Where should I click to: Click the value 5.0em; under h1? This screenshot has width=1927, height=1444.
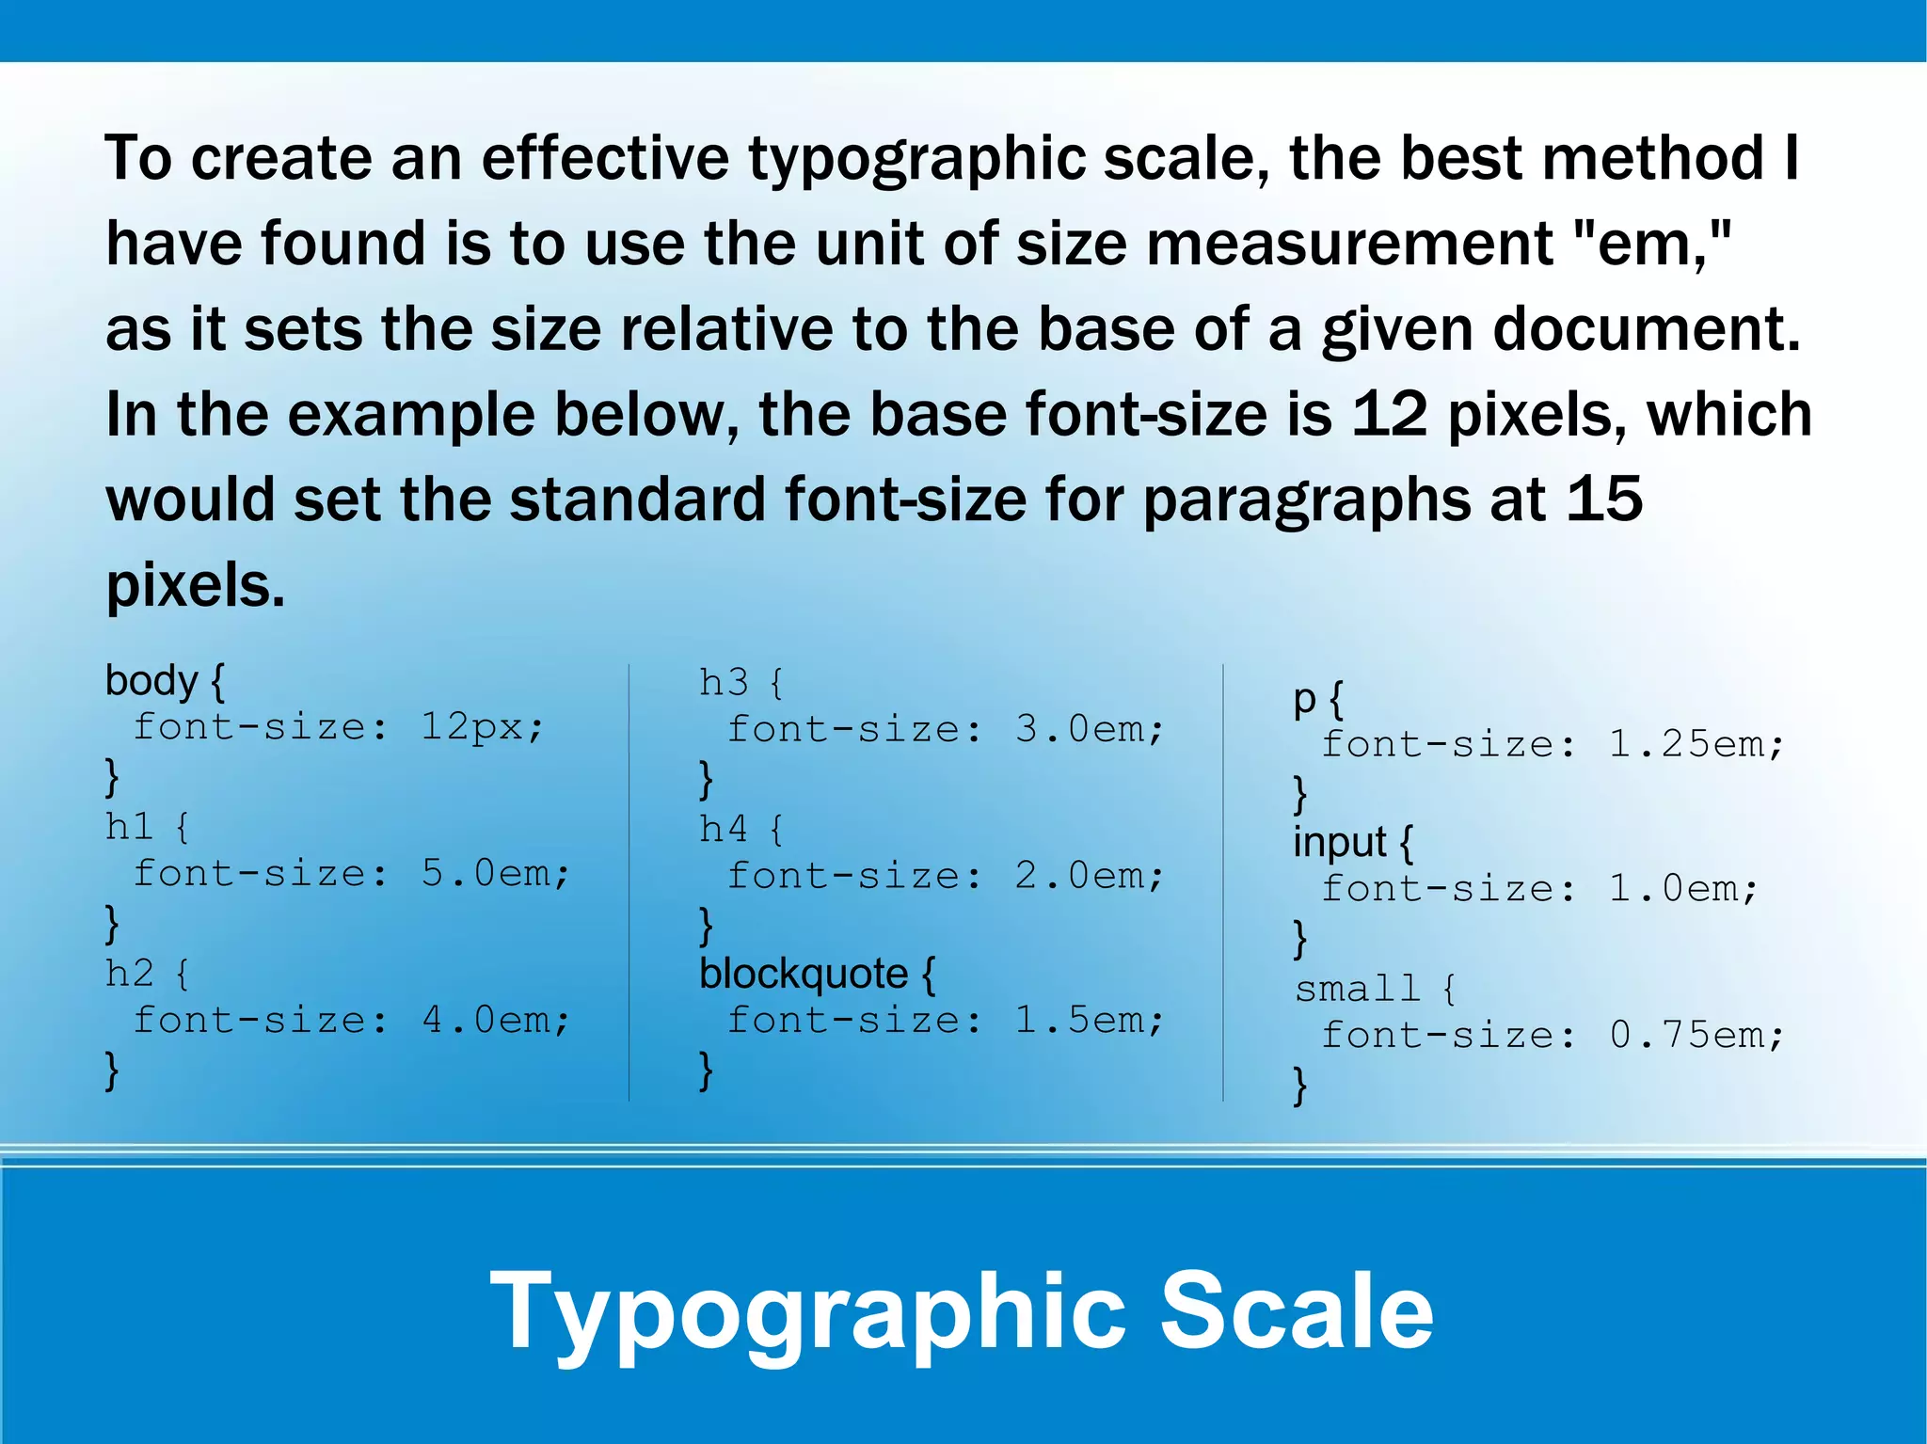point(495,874)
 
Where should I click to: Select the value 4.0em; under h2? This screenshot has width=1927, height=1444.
point(495,1021)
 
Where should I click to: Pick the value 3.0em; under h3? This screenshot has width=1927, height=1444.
point(1089,729)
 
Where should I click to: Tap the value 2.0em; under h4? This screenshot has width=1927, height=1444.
point(1089,876)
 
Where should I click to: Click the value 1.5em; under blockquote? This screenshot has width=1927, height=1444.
point(1089,1021)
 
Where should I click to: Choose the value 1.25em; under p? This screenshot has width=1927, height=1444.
point(1696,745)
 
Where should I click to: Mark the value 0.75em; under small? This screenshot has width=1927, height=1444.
point(1696,1036)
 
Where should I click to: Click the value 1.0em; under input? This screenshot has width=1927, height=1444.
point(1682,889)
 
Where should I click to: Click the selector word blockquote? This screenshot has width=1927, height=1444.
point(804,975)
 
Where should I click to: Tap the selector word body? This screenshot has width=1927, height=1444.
point(151,681)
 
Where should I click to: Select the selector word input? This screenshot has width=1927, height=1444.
point(1339,843)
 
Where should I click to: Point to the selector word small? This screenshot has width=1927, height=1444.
point(1357,989)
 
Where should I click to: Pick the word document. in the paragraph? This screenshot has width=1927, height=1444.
point(1647,329)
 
